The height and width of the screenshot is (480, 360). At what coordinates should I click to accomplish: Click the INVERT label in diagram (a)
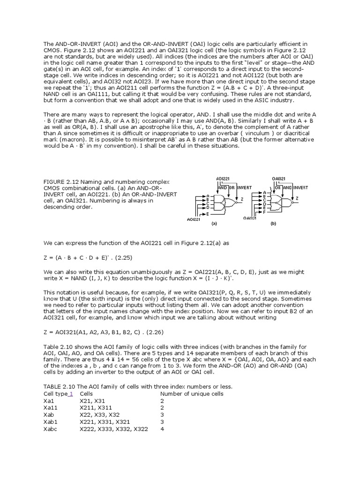pyautogui.click(x=244, y=187)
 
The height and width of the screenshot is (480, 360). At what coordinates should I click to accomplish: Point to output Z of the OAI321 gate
pyautogui.click(x=297, y=199)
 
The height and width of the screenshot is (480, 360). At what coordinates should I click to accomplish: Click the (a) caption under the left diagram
pyautogui.click(x=214, y=224)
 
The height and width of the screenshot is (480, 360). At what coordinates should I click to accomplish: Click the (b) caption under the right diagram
pyautogui.click(x=273, y=224)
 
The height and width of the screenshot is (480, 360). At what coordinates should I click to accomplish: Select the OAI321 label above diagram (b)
pyautogui.click(x=279, y=179)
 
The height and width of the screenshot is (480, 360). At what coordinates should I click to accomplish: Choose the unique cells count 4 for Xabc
pyautogui.click(x=162, y=428)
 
